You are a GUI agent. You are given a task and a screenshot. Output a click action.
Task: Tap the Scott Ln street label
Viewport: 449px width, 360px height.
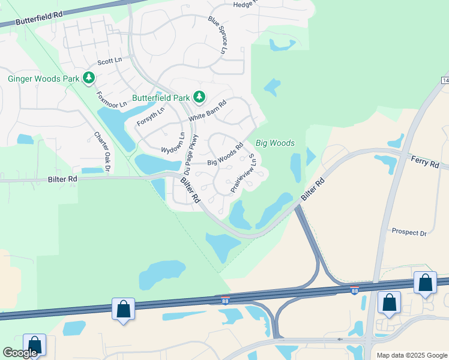[109, 62]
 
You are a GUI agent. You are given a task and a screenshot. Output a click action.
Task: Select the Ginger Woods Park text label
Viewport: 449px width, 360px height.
[43, 79]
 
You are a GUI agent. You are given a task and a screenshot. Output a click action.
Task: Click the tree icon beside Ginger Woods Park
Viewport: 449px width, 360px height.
[89, 77]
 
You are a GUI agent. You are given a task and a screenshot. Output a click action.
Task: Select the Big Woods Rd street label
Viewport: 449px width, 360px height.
[224, 154]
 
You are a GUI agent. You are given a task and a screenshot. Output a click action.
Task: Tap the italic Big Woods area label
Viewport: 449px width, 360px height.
[275, 143]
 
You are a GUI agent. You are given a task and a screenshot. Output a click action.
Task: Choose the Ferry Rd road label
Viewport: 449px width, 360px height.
[425, 160]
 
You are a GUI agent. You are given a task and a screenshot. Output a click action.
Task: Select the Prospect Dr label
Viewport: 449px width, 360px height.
[408, 232]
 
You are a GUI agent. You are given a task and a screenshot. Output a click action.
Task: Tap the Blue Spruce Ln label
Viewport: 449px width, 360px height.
[216, 35]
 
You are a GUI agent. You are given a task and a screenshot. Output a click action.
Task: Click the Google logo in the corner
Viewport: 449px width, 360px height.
[19, 353]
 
